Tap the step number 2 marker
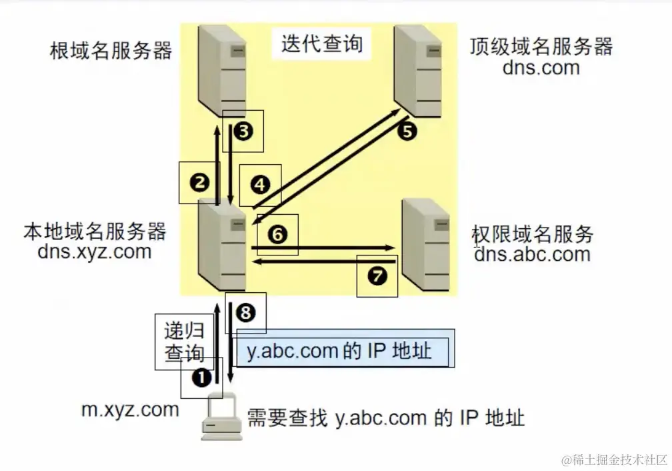click(x=199, y=182)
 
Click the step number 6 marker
click(x=277, y=233)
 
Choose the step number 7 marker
click(x=377, y=276)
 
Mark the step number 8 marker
click(x=246, y=312)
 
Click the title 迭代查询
click(x=322, y=43)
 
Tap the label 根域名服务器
click(x=111, y=51)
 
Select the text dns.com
click(x=541, y=67)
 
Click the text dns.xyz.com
click(x=95, y=252)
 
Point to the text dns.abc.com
click(x=532, y=254)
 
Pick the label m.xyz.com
click(x=130, y=409)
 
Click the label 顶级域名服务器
click(x=541, y=46)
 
